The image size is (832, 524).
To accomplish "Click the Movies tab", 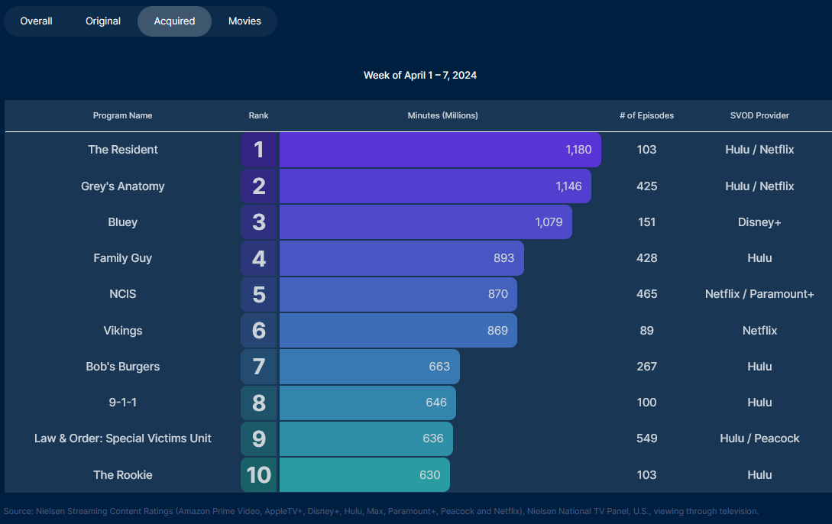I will (244, 21).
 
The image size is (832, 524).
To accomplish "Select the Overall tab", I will (36, 21).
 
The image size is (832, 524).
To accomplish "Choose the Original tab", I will (103, 21).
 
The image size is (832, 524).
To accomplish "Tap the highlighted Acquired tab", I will (174, 21).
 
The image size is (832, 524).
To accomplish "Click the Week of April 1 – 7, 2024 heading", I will (420, 75).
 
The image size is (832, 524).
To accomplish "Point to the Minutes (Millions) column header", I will (442, 115).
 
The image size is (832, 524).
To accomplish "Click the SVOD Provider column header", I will (759, 115).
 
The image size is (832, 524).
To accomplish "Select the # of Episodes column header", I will (646, 115).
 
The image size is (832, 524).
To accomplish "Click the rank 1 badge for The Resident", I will (259, 150).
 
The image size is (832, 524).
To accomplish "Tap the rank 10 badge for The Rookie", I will (259, 474).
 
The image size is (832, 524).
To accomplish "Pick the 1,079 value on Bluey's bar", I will (549, 222).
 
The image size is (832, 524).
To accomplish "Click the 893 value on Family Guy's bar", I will (503, 258).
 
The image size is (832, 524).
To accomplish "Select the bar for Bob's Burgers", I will (369, 367).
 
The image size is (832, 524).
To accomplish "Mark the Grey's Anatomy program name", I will (122, 186).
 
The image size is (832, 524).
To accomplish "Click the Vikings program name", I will (122, 331).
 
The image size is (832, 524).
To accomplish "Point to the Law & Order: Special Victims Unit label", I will (122, 438).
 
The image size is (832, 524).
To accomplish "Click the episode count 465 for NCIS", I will (646, 294).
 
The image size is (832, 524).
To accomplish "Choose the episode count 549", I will (646, 438).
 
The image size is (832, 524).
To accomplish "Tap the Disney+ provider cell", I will (759, 222).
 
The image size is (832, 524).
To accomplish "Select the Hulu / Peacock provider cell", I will (759, 438).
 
